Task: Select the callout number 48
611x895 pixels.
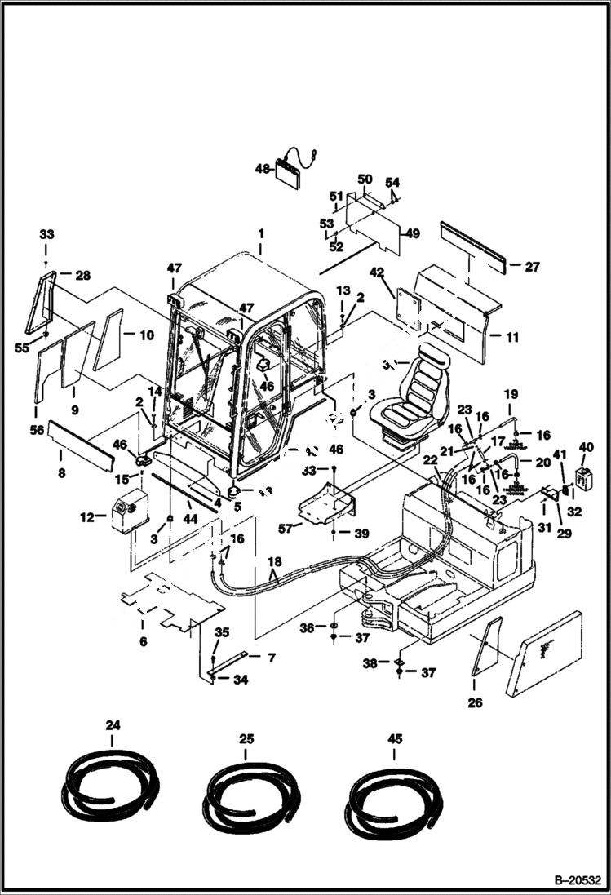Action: [263, 169]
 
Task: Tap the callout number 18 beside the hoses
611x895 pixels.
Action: [276, 563]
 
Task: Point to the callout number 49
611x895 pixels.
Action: [413, 233]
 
